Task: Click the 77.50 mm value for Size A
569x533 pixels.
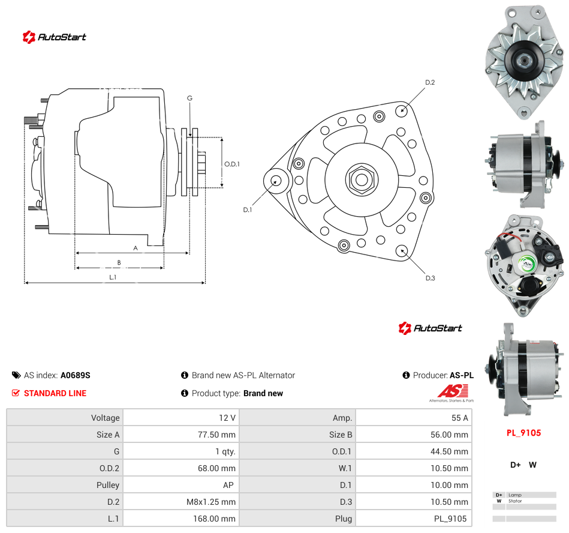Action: tap(216, 435)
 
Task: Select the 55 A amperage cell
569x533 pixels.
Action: tap(459, 418)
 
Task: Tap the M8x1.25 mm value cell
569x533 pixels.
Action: tap(211, 502)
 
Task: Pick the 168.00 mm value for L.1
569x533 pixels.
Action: tap(214, 519)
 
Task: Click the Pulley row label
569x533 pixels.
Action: tap(108, 485)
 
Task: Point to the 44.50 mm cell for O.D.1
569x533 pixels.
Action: tap(449, 451)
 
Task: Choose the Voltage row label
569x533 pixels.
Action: tap(106, 418)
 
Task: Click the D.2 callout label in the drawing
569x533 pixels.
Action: tap(430, 82)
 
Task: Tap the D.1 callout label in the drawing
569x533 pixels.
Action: tap(247, 209)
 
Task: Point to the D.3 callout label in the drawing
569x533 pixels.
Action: tap(430, 278)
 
